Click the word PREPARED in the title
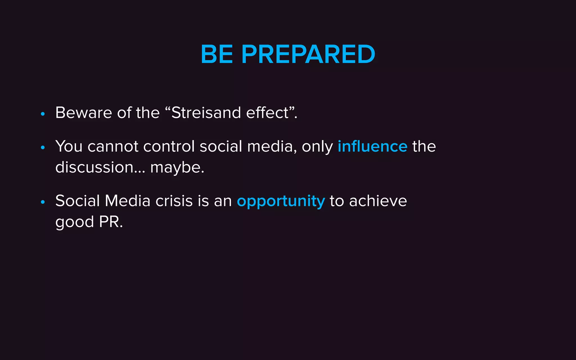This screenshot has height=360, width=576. [308, 54]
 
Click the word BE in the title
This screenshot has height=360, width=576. [217, 54]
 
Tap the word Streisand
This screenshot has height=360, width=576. [206, 113]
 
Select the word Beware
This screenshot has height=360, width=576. [84, 113]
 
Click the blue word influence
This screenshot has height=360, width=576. [372, 146]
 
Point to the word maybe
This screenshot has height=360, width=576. [177, 167]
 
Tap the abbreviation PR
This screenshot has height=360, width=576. [111, 222]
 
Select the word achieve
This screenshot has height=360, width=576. [378, 201]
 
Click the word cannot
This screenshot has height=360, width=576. [113, 147]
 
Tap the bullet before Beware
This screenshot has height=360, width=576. [43, 114]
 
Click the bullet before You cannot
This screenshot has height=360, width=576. [43, 147]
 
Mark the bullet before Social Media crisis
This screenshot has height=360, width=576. [43, 202]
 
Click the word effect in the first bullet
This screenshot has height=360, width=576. [267, 113]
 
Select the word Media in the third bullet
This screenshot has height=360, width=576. [127, 201]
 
